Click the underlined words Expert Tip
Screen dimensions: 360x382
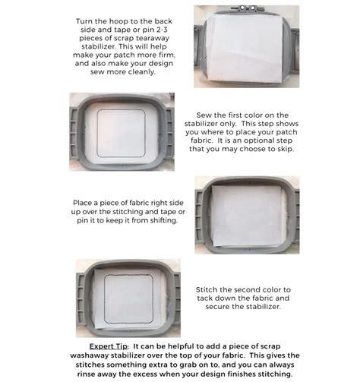pos(109,346)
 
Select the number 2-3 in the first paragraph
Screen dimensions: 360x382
pos(161,30)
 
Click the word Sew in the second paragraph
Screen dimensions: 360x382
pos(204,115)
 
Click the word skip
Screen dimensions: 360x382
pos(286,149)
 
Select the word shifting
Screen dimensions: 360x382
pos(164,220)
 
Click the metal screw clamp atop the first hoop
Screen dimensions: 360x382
pos(248,8)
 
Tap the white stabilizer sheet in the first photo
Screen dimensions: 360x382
pos(245,48)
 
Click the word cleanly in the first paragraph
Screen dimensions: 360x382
pos(142,72)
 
